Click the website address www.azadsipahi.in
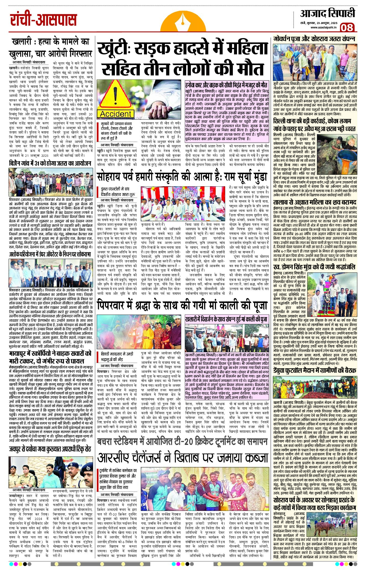[x=323, y=27]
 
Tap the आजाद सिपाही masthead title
[x=327, y=14]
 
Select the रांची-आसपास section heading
[x=43, y=20]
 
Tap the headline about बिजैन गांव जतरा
[x=50, y=163]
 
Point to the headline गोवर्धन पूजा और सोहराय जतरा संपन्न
[x=314, y=39]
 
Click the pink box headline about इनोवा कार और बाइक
[x=226, y=84]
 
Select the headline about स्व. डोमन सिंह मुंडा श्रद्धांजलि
[x=314, y=267]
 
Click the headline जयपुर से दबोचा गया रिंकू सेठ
[x=50, y=449]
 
